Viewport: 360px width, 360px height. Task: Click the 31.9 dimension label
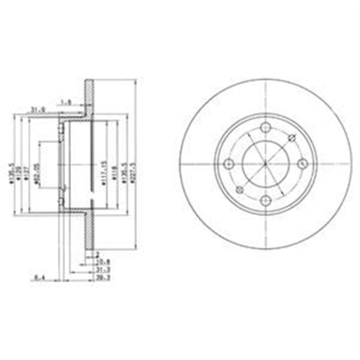click(x=37, y=110)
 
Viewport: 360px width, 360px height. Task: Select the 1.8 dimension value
click(x=65, y=102)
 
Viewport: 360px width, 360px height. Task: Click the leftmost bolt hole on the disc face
click(x=228, y=164)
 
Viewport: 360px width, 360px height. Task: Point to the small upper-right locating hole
click(x=291, y=138)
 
